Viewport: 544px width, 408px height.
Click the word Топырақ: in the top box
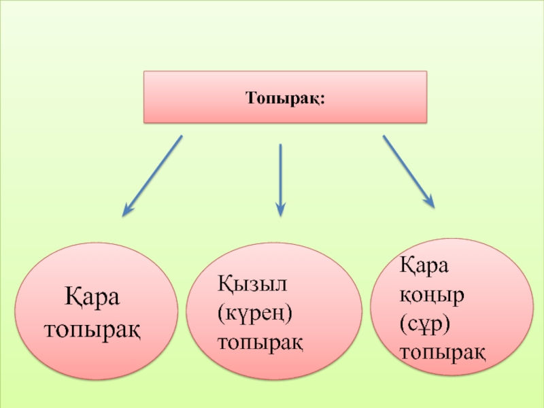285,98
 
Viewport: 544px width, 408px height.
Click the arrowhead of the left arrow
127,211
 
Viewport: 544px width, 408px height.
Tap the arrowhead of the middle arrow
280,210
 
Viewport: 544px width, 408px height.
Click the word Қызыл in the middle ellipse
249,280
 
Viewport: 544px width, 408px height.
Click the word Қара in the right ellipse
424,265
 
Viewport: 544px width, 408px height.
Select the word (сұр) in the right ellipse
426,323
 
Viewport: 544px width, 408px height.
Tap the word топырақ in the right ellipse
443,352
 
